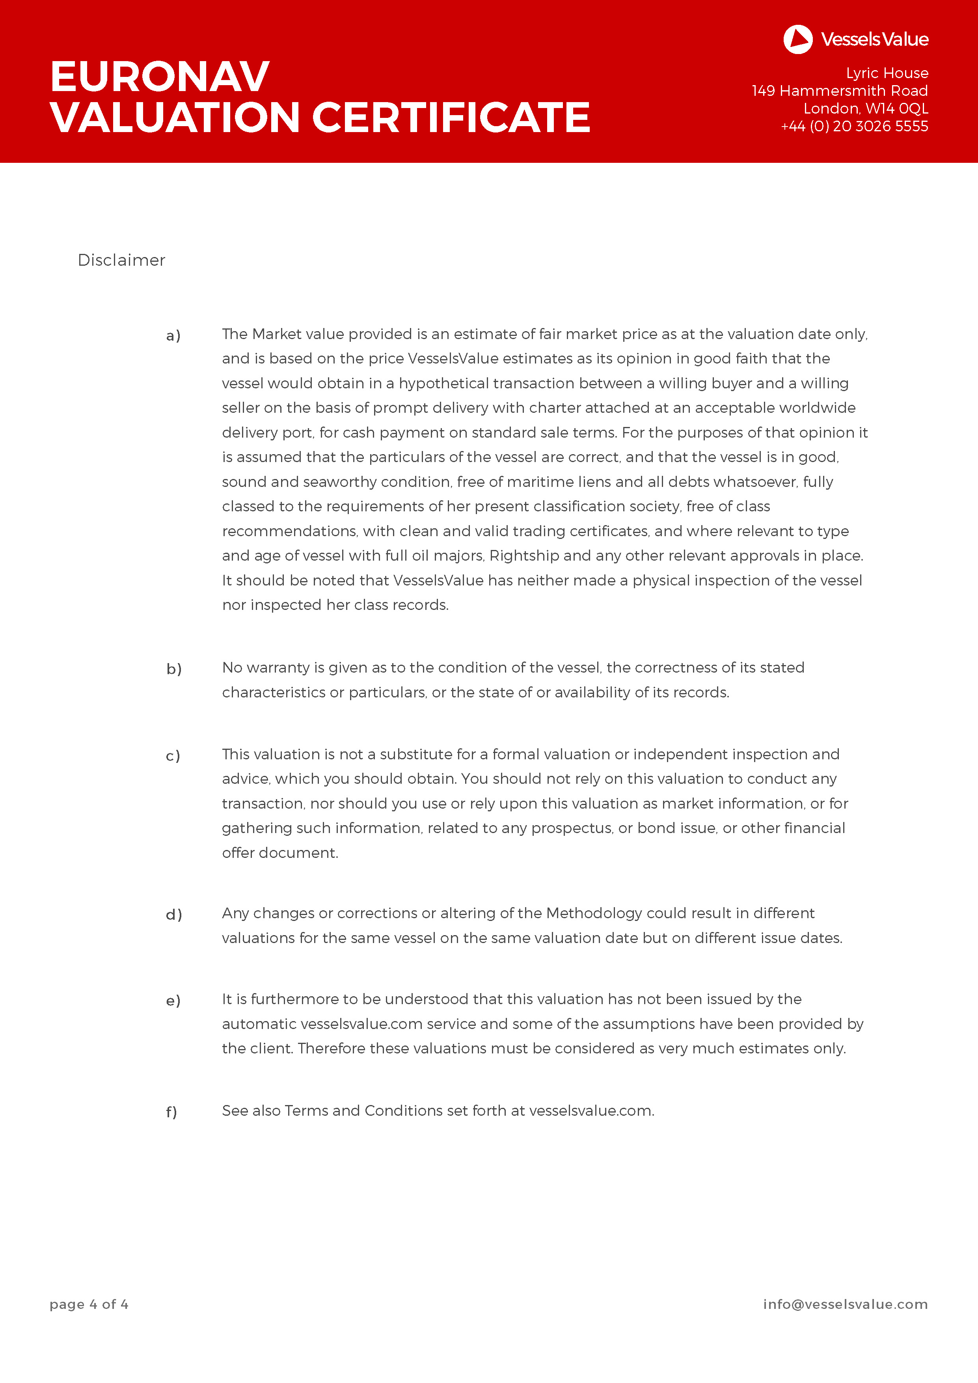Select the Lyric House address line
click(x=887, y=73)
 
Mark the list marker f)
click(x=171, y=1112)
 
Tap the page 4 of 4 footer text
click(x=89, y=1305)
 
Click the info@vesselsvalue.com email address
click(x=845, y=1305)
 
